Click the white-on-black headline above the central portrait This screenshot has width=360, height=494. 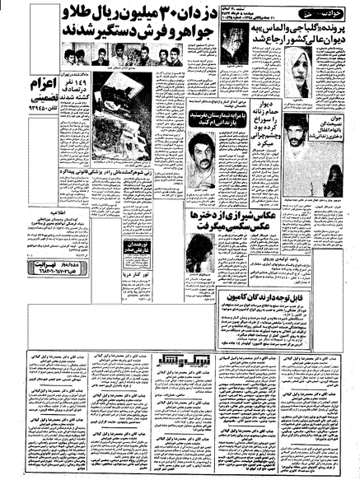tap(205, 121)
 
